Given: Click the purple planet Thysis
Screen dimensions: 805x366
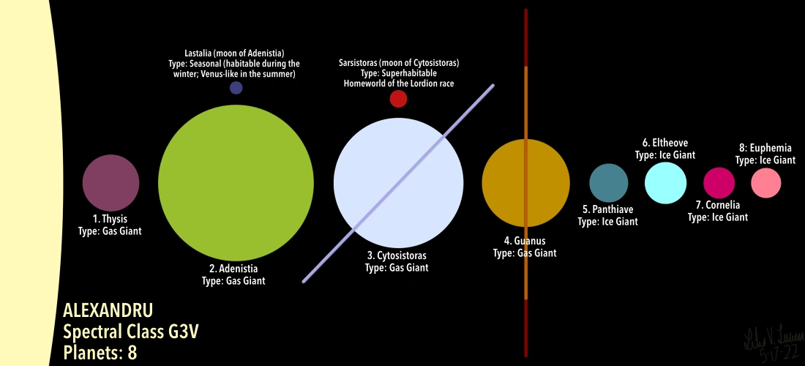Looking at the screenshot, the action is click(x=111, y=182).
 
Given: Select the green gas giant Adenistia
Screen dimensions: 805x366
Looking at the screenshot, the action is click(x=236, y=182).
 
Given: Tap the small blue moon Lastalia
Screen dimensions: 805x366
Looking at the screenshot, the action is click(x=236, y=88).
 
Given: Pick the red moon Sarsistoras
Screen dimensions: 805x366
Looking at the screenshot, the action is click(x=398, y=99).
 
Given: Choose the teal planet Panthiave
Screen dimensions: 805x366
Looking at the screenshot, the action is click(x=609, y=183).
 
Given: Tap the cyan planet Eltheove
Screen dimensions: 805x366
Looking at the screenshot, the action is click(x=666, y=182).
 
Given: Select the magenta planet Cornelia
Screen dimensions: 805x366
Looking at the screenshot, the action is click(x=719, y=182).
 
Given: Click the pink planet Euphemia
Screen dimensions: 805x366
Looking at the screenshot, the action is click(x=766, y=182).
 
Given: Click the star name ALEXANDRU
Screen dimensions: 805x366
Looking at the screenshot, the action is click(x=108, y=310).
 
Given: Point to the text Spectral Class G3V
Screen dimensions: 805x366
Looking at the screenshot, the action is click(x=131, y=332).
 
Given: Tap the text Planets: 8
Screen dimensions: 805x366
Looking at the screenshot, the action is click(x=100, y=353).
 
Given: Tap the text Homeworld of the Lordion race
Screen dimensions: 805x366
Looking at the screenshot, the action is click(x=399, y=83).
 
